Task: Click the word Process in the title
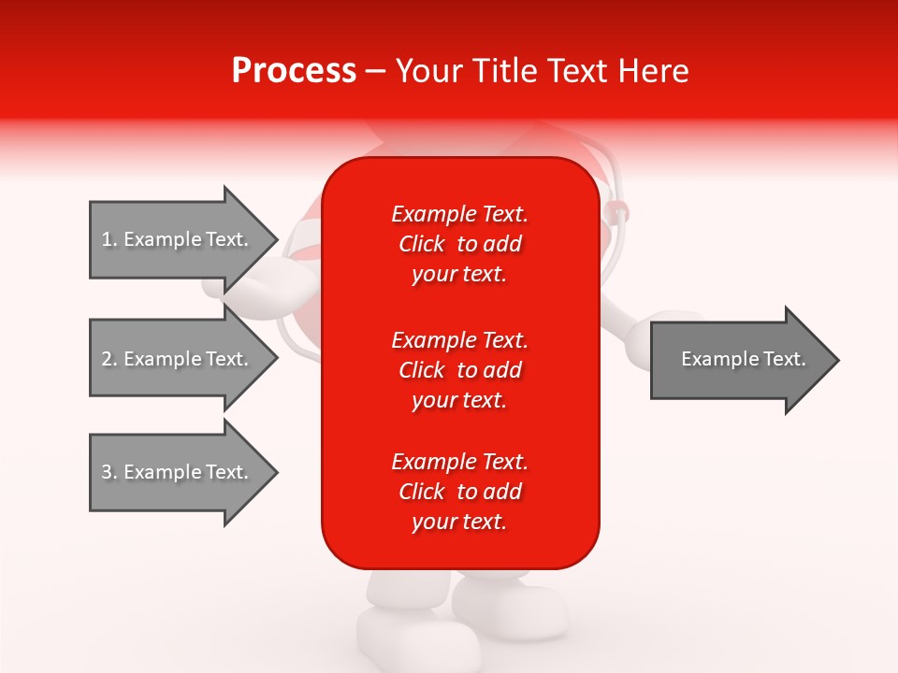(294, 71)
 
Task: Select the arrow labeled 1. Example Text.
(178, 239)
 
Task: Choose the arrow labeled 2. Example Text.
(178, 359)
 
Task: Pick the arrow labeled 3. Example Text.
(178, 472)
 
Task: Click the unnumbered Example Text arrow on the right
(739, 360)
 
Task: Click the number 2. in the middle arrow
(109, 359)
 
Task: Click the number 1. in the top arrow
(109, 239)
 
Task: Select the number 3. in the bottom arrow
(109, 472)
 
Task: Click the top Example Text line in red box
(460, 214)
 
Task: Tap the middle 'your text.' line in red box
(459, 400)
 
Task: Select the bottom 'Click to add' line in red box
(460, 492)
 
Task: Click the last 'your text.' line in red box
(459, 522)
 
